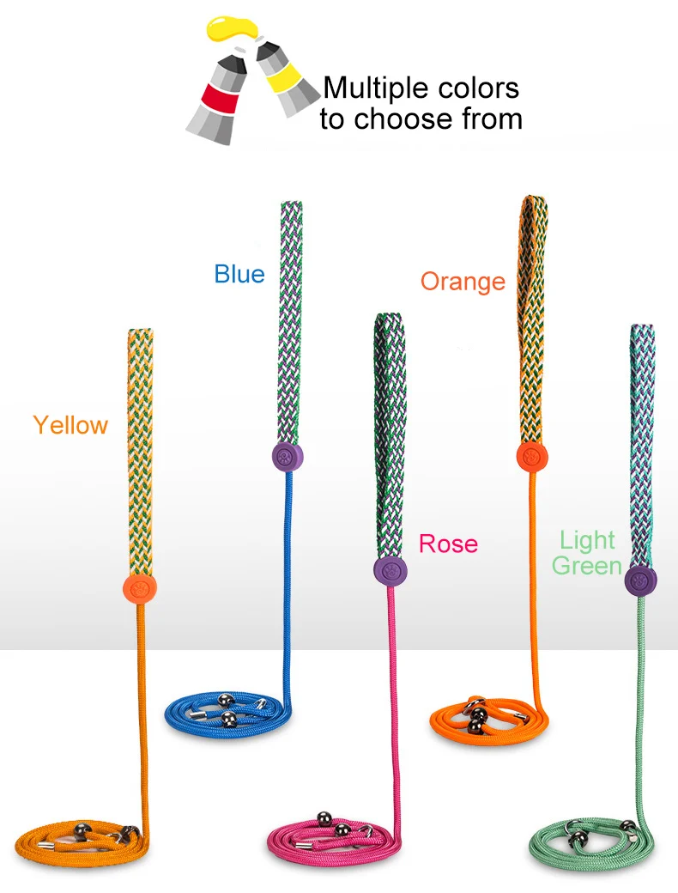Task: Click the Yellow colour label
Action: point(70,425)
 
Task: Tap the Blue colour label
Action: point(239,274)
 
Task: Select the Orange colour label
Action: point(463,282)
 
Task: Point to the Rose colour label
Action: point(448,544)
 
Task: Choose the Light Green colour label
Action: point(587,553)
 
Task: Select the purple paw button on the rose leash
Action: point(390,570)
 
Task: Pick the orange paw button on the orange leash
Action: point(532,457)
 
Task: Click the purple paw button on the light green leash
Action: point(641,580)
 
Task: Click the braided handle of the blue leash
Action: point(291,318)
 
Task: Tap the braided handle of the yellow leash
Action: point(140,446)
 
